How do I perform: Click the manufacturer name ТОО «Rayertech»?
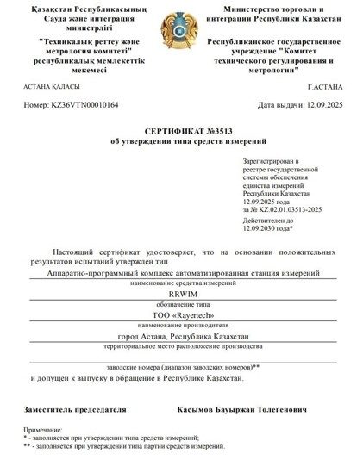(182, 316)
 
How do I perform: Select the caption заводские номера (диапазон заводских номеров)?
(182, 367)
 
